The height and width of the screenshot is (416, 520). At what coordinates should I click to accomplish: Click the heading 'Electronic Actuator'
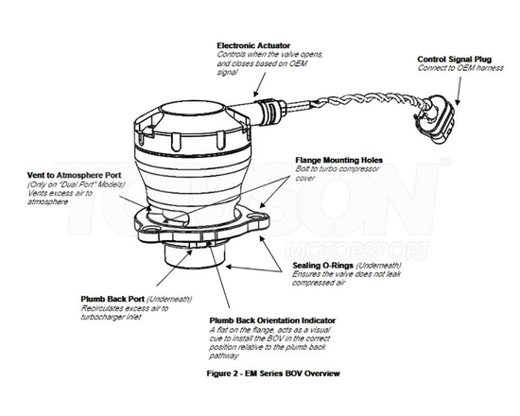(x=252, y=45)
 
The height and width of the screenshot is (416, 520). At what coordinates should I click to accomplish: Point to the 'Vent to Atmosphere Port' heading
(x=72, y=174)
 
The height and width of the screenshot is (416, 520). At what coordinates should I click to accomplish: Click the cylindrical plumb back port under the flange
(x=194, y=255)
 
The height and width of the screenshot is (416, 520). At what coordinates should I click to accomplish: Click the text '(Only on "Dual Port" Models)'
(x=76, y=184)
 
